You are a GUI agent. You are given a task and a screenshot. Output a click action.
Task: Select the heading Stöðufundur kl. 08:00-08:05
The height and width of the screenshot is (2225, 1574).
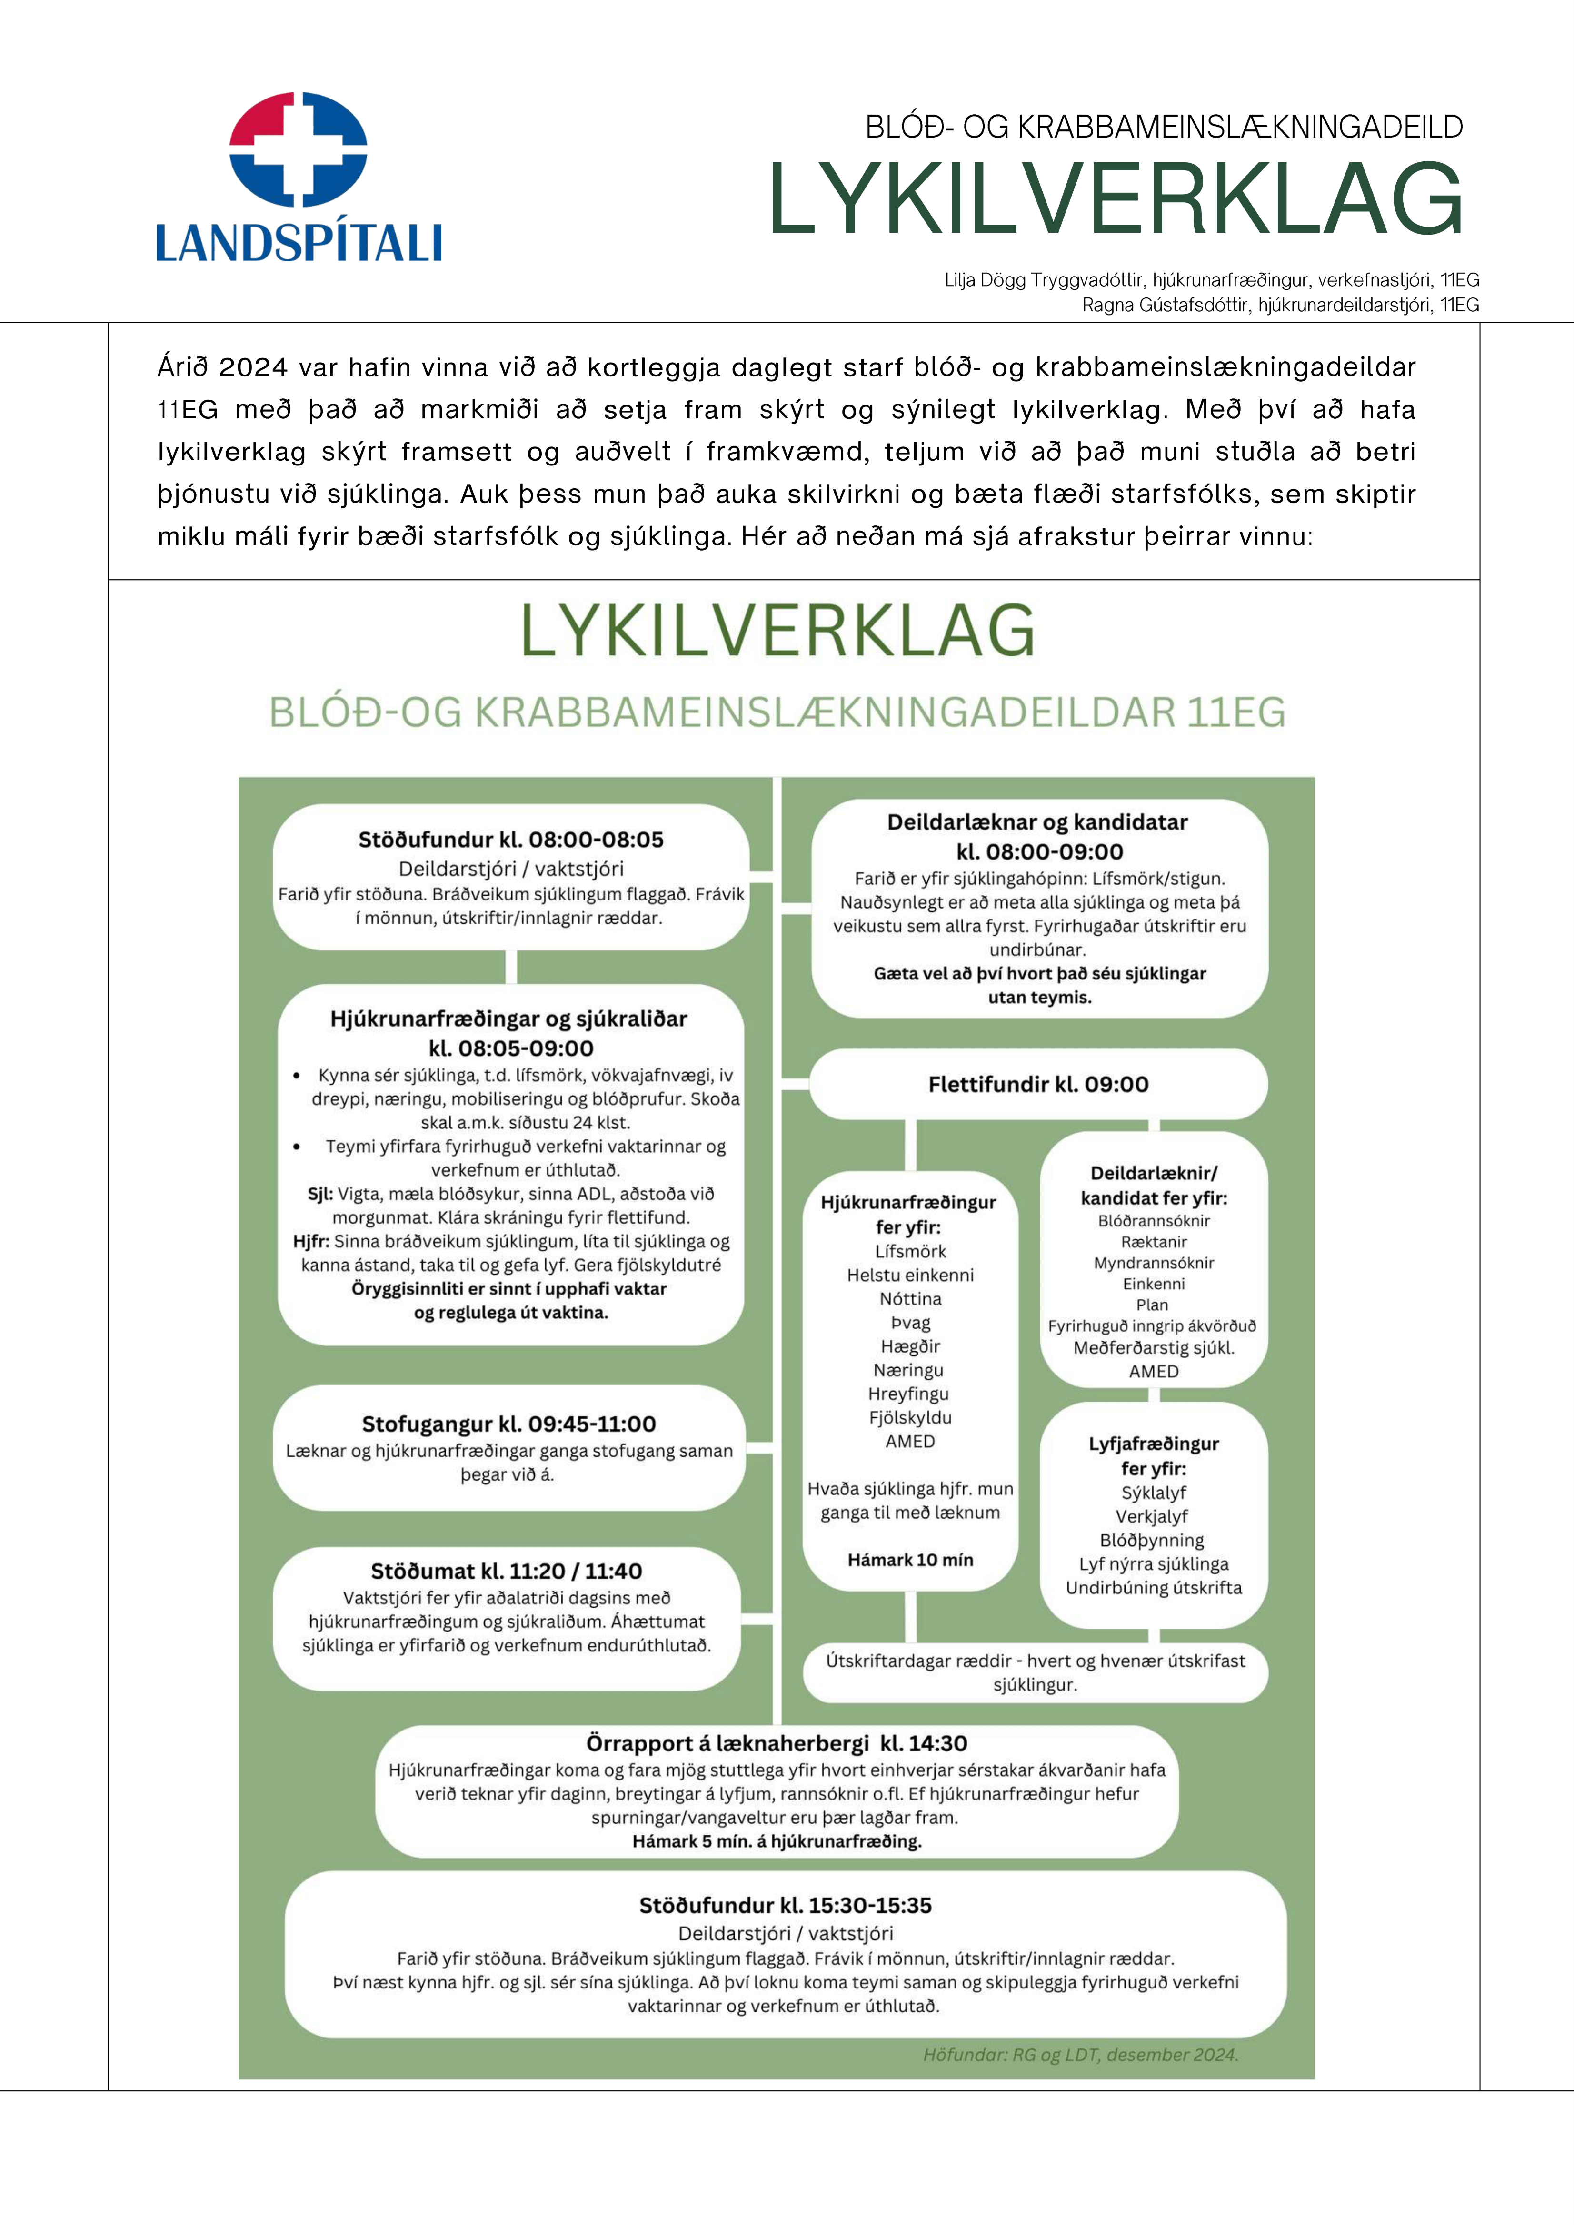511,839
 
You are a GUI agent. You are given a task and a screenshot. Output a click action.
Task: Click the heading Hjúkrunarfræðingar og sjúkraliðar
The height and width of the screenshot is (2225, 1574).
509,1019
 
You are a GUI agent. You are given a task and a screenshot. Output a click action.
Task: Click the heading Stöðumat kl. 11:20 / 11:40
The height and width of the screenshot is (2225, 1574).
506,1571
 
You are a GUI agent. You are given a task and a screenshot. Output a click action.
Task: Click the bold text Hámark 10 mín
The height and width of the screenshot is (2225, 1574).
910,1559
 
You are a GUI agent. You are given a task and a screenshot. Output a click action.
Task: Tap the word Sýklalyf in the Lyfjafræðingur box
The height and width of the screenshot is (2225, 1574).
1153,1493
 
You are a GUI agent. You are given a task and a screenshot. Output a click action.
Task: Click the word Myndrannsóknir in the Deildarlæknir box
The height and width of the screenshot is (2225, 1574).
1153,1263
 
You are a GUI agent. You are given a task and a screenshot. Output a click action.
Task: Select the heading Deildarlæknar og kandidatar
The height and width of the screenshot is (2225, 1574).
1037,822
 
